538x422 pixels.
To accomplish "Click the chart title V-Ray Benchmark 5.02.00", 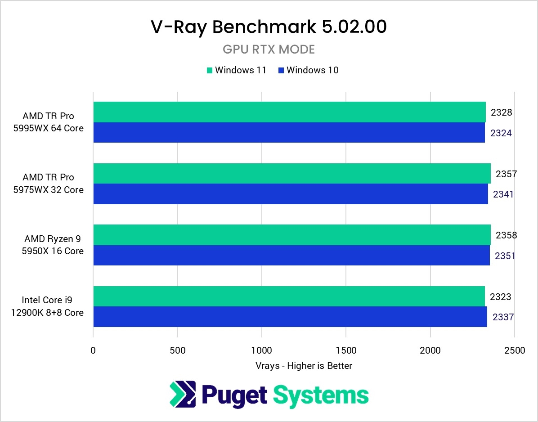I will (x=269, y=27).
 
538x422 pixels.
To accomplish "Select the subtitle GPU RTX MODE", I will (x=269, y=49).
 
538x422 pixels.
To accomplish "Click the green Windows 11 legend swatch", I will (x=209, y=70).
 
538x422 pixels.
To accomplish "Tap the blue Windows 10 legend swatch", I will (x=281, y=70).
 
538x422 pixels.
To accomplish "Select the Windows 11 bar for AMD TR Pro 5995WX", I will (x=289, y=112).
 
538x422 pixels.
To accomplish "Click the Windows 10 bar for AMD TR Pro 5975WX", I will (x=290, y=194).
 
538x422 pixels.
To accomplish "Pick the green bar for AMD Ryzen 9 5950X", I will (x=291, y=235).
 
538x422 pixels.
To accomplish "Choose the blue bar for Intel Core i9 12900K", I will (x=290, y=317).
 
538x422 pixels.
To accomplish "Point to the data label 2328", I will (x=501, y=112).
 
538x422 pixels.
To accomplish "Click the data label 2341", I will (x=503, y=194).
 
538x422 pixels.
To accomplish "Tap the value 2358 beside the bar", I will (x=506, y=235).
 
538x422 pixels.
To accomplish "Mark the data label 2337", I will (x=503, y=317).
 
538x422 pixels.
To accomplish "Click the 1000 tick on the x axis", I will (x=262, y=350).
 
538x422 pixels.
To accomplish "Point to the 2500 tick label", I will (x=515, y=350).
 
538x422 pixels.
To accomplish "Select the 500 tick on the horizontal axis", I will (x=178, y=350).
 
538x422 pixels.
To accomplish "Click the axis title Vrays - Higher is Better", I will (x=303, y=366).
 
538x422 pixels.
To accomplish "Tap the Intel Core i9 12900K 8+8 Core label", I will (x=48, y=306).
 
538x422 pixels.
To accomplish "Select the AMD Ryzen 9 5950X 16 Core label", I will (x=53, y=245).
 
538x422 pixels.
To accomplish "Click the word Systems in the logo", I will (x=321, y=395).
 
